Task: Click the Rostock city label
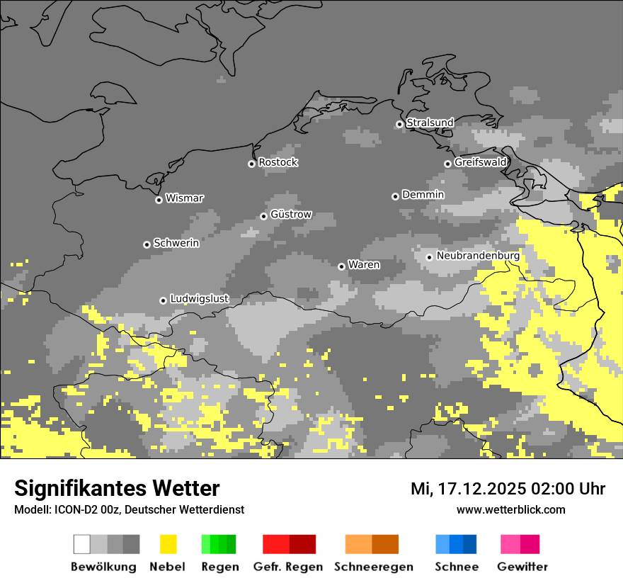tap(278, 162)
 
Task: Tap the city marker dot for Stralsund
tap(399, 124)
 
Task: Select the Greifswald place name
tap(480, 162)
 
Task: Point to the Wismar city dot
tap(159, 200)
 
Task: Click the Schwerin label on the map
tap(176, 243)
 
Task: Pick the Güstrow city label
tap(291, 215)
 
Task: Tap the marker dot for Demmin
tap(395, 196)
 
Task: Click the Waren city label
tap(364, 265)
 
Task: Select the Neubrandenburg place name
tap(478, 256)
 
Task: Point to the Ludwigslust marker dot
tap(163, 300)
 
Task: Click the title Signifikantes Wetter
tap(117, 488)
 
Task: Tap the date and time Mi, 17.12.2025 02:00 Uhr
tap(508, 489)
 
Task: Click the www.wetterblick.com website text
tap(510, 510)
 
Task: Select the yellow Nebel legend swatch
tap(168, 544)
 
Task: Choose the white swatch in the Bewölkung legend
tap(82, 544)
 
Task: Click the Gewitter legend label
tap(522, 567)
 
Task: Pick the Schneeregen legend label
tap(373, 567)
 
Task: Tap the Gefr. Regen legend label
tap(287, 567)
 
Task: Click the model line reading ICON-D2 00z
tap(129, 510)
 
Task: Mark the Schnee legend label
tap(456, 567)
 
